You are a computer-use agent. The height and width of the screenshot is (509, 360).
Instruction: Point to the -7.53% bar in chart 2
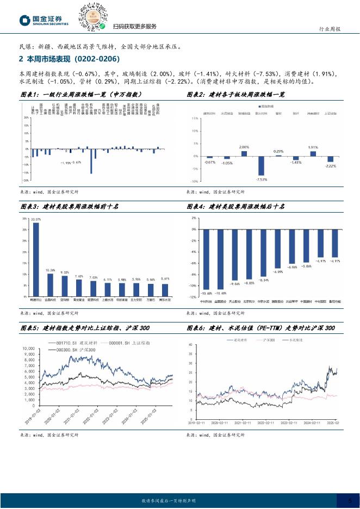pyautogui.click(x=261, y=166)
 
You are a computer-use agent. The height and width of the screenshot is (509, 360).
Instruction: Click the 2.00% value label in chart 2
pyautogui.click(x=244, y=147)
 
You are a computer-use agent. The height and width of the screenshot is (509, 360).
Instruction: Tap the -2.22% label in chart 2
pyautogui.click(x=330, y=166)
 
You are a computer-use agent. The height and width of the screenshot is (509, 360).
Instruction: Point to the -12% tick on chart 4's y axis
pyautogui.click(x=193, y=297)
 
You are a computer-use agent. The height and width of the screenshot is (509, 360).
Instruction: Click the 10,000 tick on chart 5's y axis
pyautogui.click(x=27, y=348)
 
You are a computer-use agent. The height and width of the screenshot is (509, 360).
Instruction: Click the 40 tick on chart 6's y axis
pyautogui.click(x=190, y=345)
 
